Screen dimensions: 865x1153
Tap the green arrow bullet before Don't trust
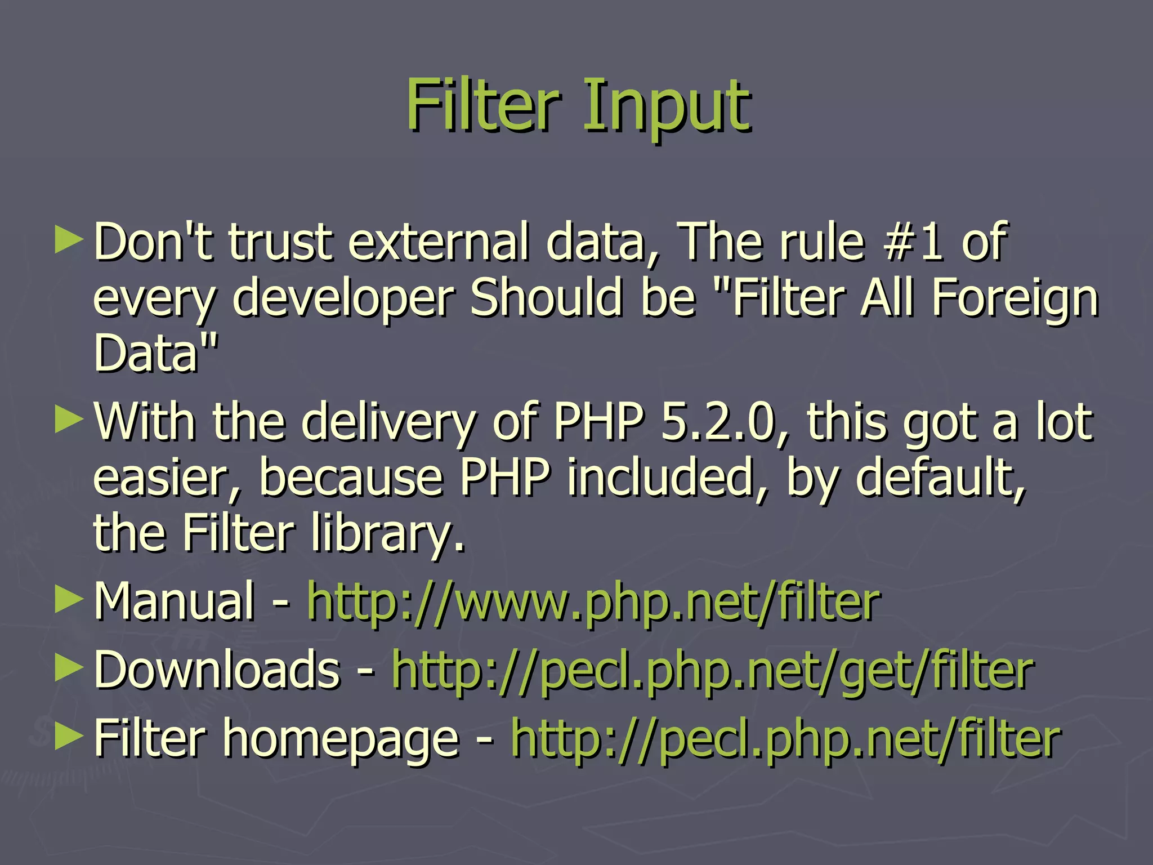click(x=69, y=240)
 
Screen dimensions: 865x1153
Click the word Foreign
click(x=1015, y=298)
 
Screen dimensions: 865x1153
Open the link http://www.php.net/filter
click(x=593, y=601)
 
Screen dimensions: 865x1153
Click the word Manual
click(x=175, y=601)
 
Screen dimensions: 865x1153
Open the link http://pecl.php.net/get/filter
click(x=713, y=670)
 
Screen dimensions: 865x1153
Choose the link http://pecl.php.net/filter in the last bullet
click(x=786, y=738)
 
